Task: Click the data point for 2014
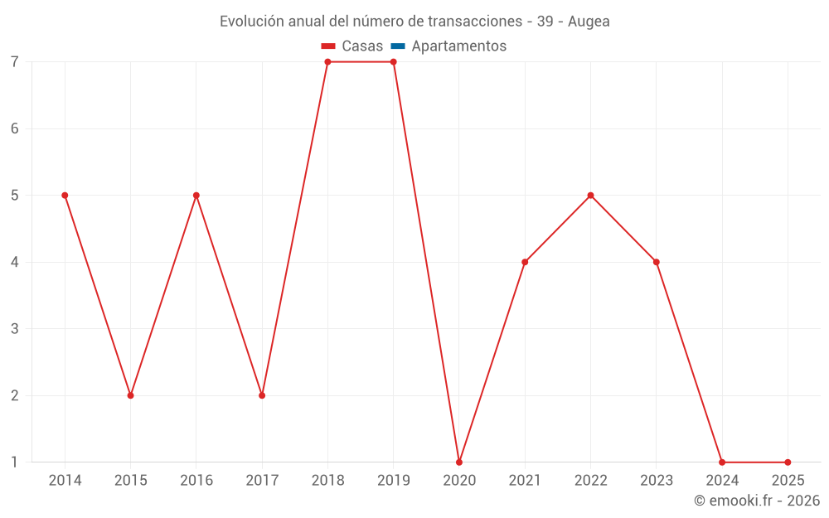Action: [x=65, y=196]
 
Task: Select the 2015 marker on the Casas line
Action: [x=130, y=395]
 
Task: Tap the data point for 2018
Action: [x=327, y=62]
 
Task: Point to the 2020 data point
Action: [x=459, y=462]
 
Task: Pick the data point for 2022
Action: [x=590, y=196]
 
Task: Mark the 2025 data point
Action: [x=788, y=462]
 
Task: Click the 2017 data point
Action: [x=262, y=395]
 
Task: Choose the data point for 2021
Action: [x=525, y=262]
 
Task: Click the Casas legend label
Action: [x=362, y=46]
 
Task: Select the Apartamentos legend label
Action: [x=458, y=46]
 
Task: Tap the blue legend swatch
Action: [x=398, y=46]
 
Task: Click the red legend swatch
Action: [x=328, y=46]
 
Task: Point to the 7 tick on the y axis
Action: [x=15, y=62]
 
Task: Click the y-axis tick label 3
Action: [x=15, y=329]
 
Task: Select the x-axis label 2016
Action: [x=196, y=481]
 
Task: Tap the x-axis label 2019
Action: [x=393, y=481]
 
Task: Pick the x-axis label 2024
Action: [x=722, y=481]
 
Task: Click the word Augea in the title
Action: [x=589, y=22]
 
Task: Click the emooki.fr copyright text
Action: [x=757, y=501]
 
